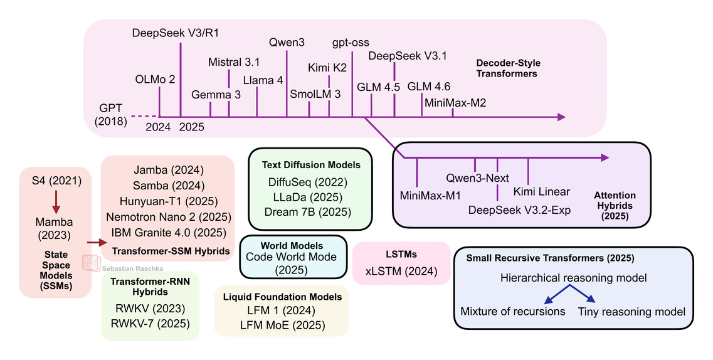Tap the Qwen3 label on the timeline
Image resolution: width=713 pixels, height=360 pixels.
(287, 44)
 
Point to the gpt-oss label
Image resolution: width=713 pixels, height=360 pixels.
(351, 43)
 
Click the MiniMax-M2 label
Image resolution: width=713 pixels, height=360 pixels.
(455, 102)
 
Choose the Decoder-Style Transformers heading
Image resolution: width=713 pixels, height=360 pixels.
(507, 68)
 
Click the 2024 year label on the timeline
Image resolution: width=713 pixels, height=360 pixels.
(158, 127)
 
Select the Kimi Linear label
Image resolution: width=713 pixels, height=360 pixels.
(541, 191)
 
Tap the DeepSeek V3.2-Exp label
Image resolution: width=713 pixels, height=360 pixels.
(520, 209)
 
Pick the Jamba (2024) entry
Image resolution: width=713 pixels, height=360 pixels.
(167, 169)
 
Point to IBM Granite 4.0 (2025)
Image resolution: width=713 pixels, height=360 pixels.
(167, 232)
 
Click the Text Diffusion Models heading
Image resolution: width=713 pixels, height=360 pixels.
(312, 165)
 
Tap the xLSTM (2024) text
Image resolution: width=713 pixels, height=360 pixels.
(401, 272)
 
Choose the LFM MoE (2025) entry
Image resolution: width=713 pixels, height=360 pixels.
(282, 325)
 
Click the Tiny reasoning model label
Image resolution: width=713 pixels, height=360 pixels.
(631, 311)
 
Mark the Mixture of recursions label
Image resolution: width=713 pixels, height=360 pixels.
(512, 311)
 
